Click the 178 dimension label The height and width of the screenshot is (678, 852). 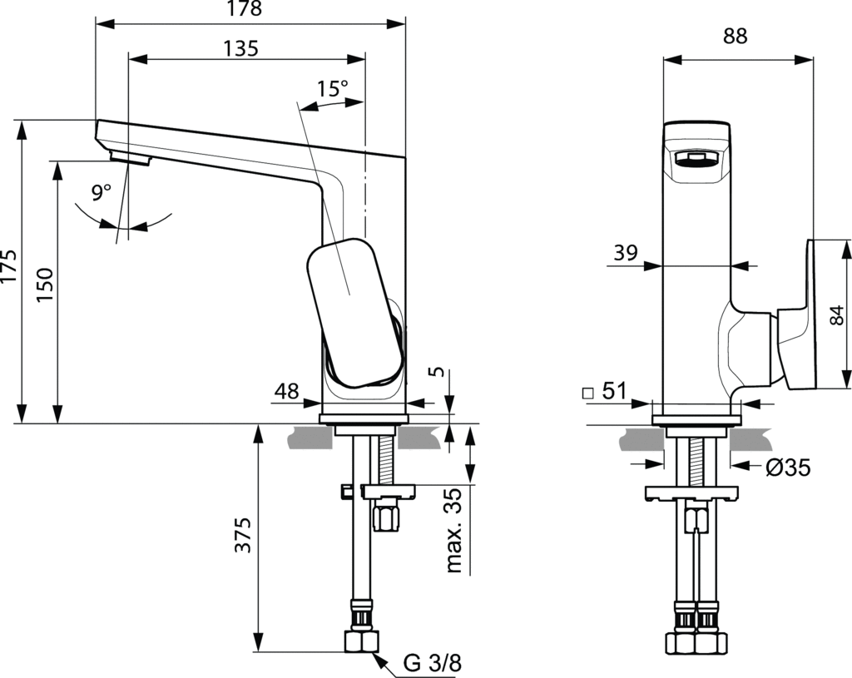coord(245,8)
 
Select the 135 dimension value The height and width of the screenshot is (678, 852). coord(240,49)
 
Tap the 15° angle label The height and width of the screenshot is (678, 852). coord(333,88)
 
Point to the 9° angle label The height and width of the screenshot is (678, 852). coord(101,192)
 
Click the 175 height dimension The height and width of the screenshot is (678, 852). coord(9,266)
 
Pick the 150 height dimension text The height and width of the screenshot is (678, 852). coord(45,285)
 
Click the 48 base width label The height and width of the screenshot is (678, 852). coord(286,390)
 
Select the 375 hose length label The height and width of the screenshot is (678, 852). coord(243,535)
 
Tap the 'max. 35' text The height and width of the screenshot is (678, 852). coord(453,531)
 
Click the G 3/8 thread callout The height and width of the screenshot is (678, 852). coord(433,663)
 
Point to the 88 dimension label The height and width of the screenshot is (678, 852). coord(736,36)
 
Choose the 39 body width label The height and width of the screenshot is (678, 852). coord(626,253)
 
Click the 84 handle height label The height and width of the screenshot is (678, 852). coord(839,315)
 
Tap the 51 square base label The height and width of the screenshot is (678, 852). coord(605,390)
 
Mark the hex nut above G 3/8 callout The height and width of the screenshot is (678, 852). coord(361,641)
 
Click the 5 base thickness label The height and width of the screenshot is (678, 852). coord(438,372)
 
